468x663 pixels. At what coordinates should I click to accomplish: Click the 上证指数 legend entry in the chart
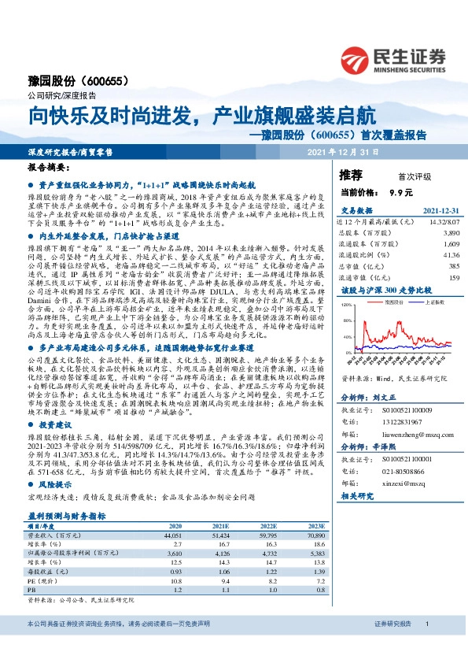coord(415,302)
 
